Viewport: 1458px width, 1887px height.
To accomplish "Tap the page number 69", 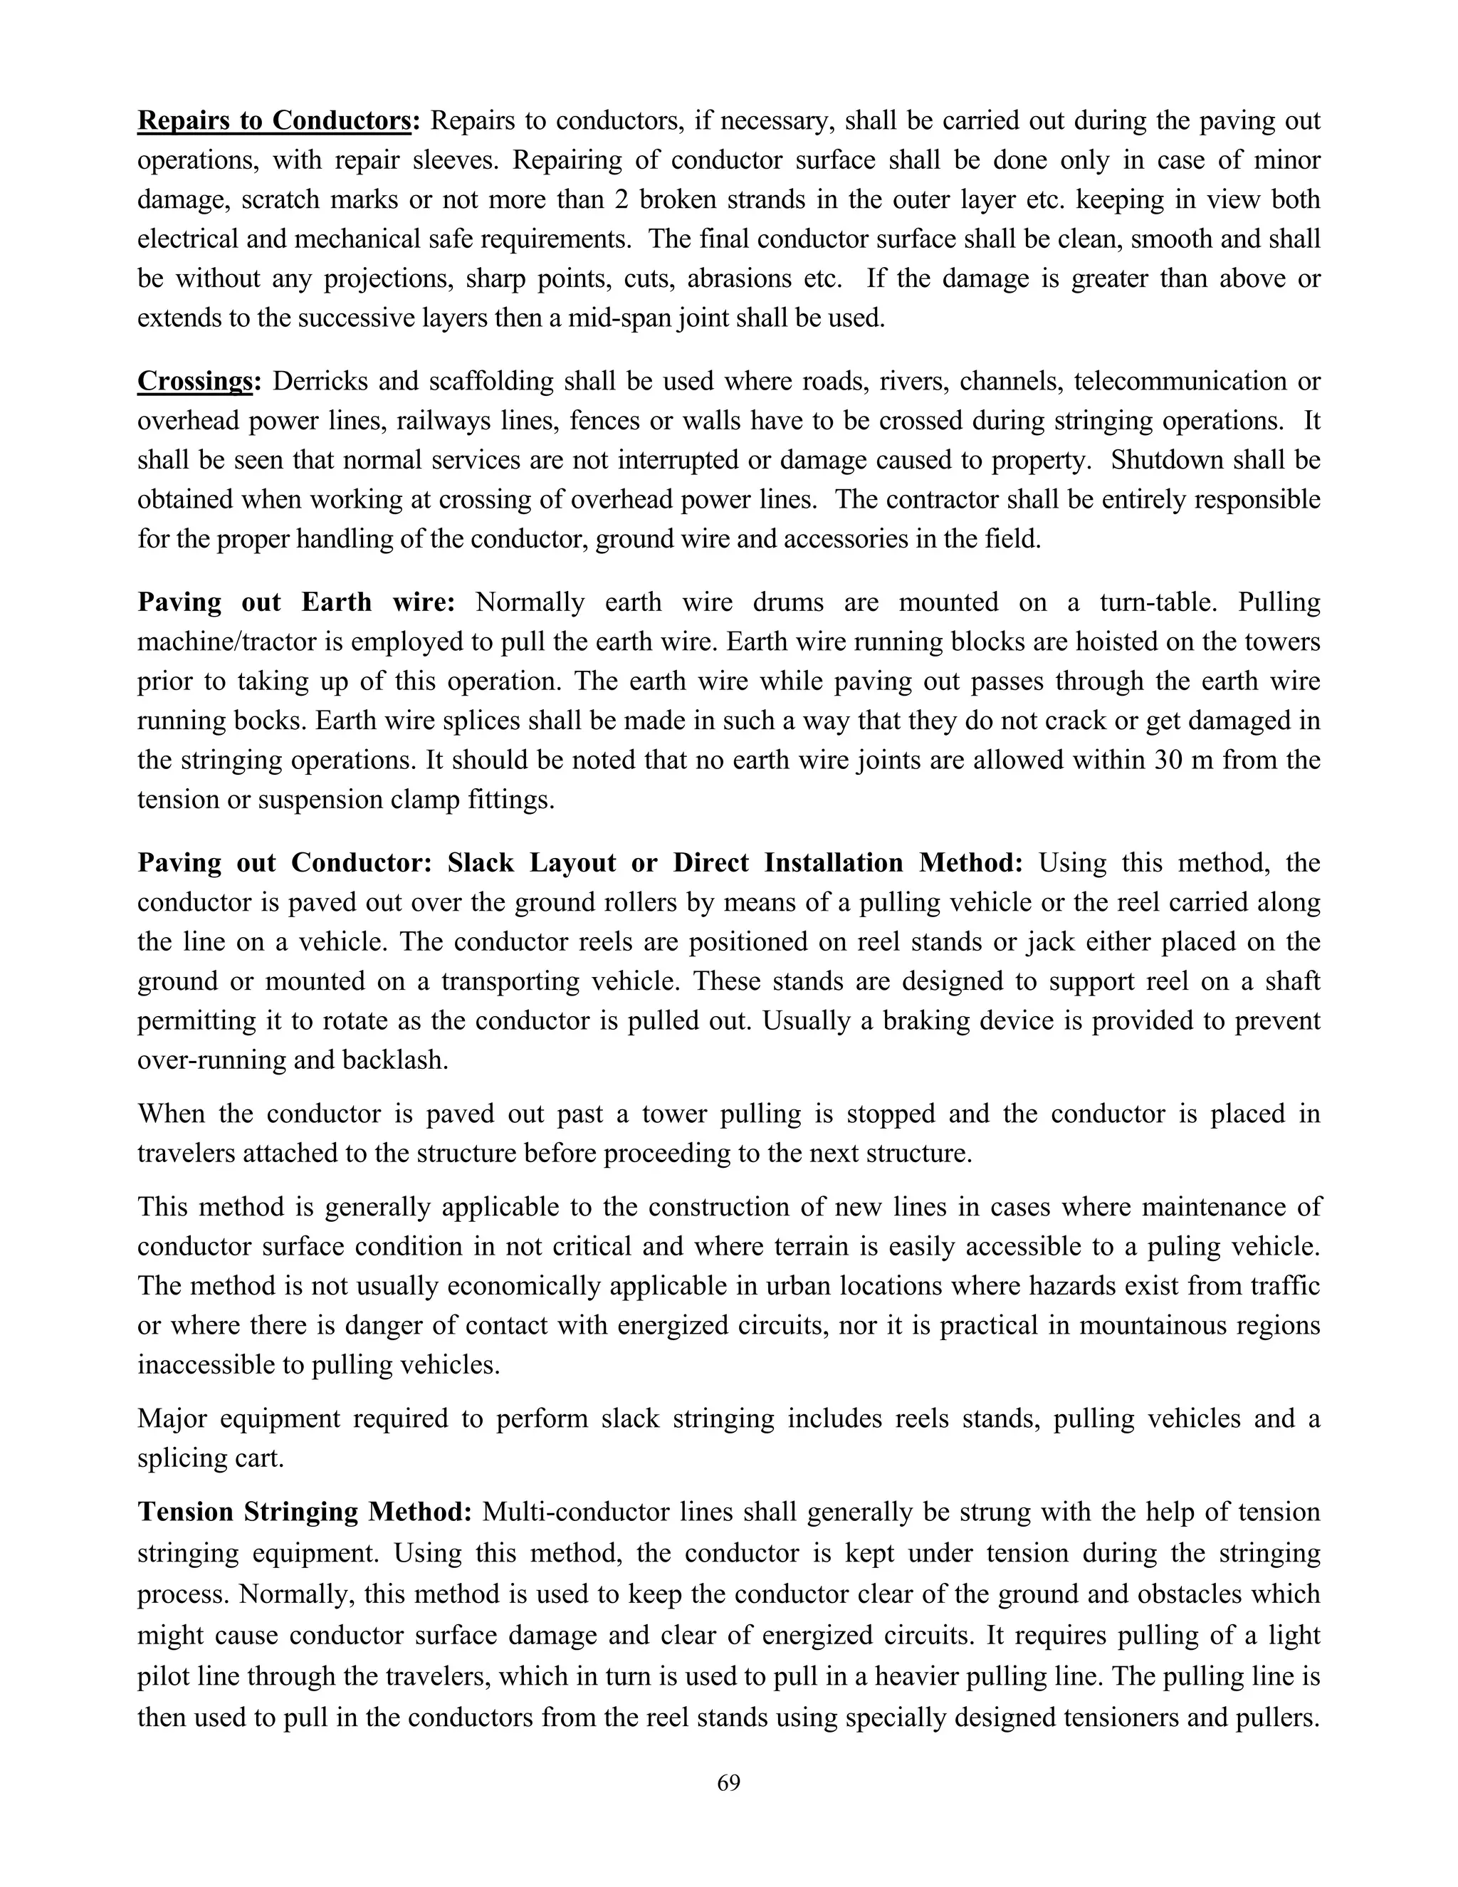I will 729,1782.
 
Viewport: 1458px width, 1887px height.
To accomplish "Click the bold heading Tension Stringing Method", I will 304,1512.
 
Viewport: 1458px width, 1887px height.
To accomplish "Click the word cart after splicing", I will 255,1458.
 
